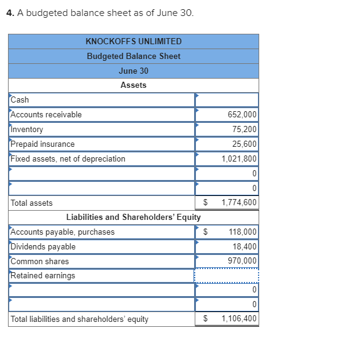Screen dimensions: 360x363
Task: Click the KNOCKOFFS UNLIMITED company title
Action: (x=133, y=41)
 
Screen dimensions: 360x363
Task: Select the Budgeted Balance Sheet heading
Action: (x=133, y=56)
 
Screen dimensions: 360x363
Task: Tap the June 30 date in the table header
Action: (x=133, y=71)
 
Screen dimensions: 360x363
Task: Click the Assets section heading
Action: (x=133, y=85)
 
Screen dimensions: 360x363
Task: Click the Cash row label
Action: (x=20, y=100)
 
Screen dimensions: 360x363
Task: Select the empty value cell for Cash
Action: (x=227, y=100)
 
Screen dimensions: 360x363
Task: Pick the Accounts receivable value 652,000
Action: (x=242, y=115)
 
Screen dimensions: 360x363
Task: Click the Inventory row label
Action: (x=27, y=130)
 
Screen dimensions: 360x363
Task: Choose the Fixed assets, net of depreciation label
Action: (x=68, y=159)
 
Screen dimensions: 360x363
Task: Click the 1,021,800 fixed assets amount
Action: (x=239, y=159)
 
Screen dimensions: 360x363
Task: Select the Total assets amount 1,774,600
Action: (x=239, y=203)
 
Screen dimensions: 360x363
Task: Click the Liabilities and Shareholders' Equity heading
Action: (x=133, y=217)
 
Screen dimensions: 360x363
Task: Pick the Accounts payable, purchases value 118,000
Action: (x=243, y=232)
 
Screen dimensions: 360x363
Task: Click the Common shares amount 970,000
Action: (x=243, y=261)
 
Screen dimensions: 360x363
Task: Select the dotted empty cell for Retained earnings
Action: (x=227, y=276)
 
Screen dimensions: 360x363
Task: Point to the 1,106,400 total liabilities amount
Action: (x=239, y=319)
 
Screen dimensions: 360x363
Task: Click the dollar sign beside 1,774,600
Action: (x=206, y=203)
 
